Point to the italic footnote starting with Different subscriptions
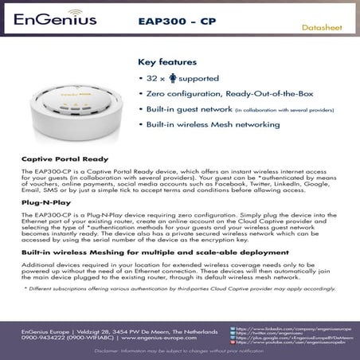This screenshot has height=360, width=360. click(181, 288)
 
